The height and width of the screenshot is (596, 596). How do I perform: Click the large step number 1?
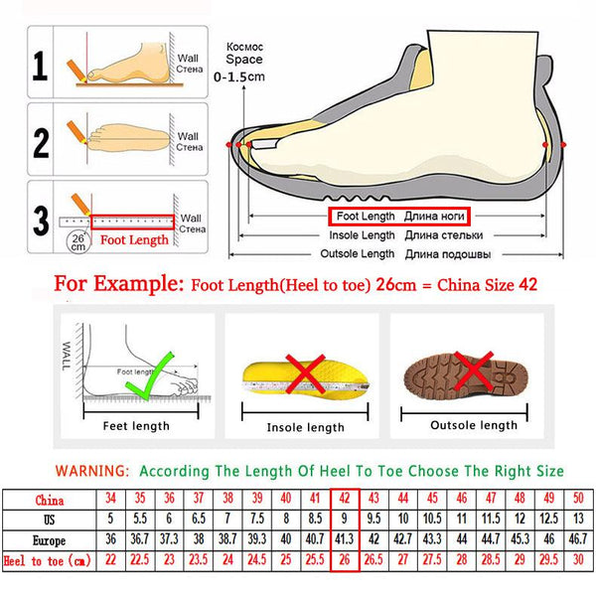pos(41,67)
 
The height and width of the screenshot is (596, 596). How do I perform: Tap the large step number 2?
pos(41,141)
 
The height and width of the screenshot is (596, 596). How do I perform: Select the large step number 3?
pos(41,217)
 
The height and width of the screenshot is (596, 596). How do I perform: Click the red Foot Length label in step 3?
pos(135,239)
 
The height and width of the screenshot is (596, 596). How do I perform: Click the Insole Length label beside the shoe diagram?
pos(362,235)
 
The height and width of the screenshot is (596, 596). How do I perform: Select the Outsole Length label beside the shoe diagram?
pos(360,254)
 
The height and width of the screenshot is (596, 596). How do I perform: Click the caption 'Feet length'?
pos(136,426)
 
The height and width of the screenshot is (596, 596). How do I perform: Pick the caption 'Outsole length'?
pos(473,425)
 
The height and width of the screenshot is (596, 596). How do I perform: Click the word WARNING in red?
pos(91,470)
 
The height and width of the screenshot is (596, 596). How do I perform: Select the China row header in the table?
pos(49,500)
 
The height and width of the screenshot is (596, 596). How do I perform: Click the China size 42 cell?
pos(344,500)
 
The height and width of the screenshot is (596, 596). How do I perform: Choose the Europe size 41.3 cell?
pos(344,540)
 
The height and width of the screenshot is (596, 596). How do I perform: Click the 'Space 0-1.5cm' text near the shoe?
pos(243,67)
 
